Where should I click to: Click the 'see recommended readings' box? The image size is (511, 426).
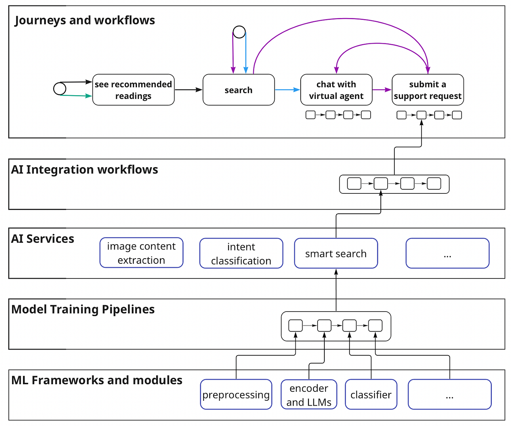point(133,90)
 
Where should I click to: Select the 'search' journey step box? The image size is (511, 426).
point(239,90)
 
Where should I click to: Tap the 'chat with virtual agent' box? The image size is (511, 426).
point(336,90)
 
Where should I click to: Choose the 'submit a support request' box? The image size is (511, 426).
point(427,90)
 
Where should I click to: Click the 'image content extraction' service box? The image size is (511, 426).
point(141,253)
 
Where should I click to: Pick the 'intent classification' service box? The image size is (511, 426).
point(241,253)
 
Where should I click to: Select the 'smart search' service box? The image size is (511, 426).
point(336,253)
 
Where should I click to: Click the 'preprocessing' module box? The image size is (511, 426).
point(236,394)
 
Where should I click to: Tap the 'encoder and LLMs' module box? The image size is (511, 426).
point(309,394)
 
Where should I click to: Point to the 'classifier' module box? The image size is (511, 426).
point(371,394)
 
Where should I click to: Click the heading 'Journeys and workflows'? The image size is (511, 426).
point(85,20)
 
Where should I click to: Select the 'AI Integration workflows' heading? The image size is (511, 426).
point(85,170)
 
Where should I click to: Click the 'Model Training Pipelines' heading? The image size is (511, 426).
point(83,309)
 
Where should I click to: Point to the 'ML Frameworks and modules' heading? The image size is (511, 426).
point(97,380)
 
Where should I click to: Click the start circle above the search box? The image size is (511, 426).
point(239,32)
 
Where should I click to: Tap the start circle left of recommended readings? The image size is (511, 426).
point(60,89)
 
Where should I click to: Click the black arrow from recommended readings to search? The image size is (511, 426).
point(188,90)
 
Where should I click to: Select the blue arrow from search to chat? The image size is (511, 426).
point(287,90)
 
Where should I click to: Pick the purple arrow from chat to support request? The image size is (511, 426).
point(382,90)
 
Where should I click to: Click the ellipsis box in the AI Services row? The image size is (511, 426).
point(447,253)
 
